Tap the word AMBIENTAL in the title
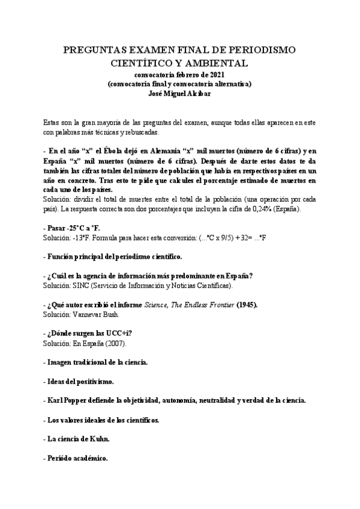pos(212,62)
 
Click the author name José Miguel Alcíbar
pos(179,93)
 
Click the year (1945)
pos(245,305)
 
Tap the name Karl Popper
pos(69,400)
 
